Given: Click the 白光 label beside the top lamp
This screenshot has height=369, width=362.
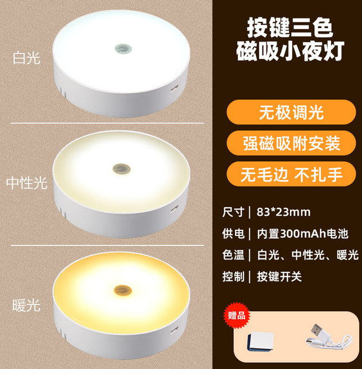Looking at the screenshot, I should (26, 58).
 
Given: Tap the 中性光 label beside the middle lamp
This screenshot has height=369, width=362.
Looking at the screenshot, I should (26, 183).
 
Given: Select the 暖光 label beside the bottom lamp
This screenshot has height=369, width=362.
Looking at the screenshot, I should (26, 305).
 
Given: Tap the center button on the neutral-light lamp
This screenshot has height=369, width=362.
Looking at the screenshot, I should (119, 168).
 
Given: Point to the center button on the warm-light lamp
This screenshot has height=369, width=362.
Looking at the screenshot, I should (120, 291).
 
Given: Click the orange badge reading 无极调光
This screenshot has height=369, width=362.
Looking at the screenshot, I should (291, 113).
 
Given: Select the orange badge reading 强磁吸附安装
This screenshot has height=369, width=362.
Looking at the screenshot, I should (291, 143).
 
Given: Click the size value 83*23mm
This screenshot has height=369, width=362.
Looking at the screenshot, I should (283, 212).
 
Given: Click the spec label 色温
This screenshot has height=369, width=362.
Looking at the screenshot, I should (233, 254).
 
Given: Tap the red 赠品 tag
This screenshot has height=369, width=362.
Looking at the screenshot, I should (237, 315).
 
